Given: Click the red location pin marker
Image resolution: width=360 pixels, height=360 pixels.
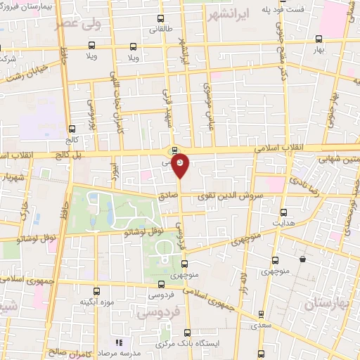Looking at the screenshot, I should [180, 164].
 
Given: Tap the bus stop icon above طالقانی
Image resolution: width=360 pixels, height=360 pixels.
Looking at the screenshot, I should [160, 19].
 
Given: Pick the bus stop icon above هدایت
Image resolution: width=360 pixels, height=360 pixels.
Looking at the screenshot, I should [284, 212].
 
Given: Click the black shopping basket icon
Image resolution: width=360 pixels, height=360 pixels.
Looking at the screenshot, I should [302, 259].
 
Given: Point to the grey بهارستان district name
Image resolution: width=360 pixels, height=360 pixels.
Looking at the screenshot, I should [327, 304].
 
